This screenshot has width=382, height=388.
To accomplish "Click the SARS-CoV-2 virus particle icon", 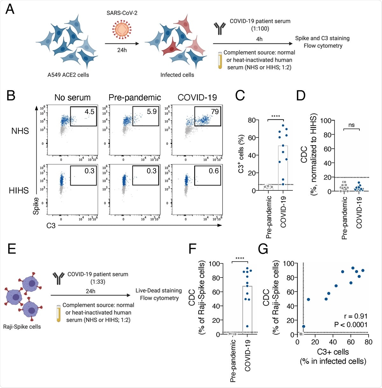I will tap(122, 30).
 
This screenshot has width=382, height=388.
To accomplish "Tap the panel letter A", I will tap(10, 9).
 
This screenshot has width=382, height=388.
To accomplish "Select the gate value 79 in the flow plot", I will tap(215, 111).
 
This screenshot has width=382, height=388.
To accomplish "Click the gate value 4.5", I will tap(89, 111).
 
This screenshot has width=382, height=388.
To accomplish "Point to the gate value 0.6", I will tap(214, 171).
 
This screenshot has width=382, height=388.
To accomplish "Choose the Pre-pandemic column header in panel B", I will tap(135, 97).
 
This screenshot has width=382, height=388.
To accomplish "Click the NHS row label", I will tap(20, 131).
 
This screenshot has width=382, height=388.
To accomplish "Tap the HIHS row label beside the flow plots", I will tap(19, 190).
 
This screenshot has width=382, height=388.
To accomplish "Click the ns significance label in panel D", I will tap(351, 125).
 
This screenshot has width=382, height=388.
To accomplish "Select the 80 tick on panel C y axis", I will tap(252, 120).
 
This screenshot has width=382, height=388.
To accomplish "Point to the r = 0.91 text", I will tap(356, 316).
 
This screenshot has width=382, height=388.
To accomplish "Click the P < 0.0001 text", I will tap(350, 325).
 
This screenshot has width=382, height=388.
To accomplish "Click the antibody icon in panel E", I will tap(58, 278).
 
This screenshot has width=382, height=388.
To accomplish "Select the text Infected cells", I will tap(177, 75).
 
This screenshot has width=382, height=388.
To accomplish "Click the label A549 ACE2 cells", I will tap(68, 75).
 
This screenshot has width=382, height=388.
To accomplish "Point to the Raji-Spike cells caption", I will tap(22, 327).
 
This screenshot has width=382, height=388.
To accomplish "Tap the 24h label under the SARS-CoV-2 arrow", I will tap(122, 50).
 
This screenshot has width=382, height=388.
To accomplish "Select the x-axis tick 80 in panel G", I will tap(368, 342).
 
